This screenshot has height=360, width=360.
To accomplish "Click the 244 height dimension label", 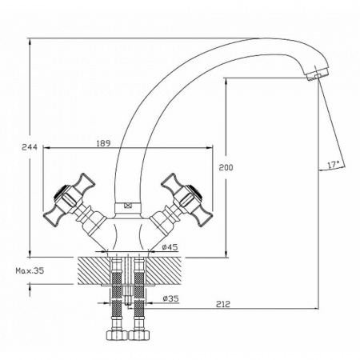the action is coord(30,147).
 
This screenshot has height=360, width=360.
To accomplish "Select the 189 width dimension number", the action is coord(103,143).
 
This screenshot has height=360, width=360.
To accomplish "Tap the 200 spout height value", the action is coord(226,167).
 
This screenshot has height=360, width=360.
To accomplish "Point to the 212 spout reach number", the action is coord(223,304).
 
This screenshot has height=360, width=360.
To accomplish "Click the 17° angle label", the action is coord(334,164).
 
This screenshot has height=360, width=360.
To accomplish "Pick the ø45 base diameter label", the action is coord(170,247).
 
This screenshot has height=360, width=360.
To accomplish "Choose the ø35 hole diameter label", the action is coord(170,298).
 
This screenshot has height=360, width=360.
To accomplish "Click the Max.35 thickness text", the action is coord(30,271).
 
